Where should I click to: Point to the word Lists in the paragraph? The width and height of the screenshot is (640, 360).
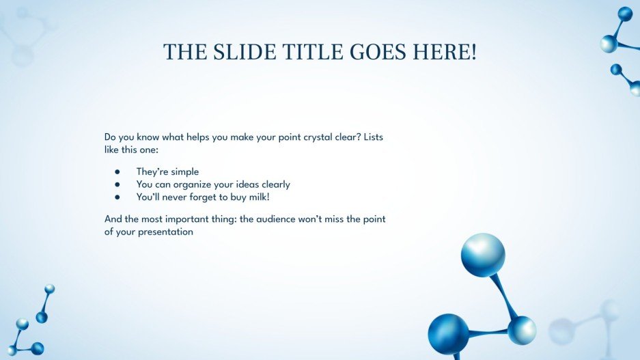tap(374, 137)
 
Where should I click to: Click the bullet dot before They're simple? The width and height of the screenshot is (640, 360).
tap(117, 172)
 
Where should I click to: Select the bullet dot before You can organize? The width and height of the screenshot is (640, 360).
tap(117, 184)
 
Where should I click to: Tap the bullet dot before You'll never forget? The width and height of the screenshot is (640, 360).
tap(117, 197)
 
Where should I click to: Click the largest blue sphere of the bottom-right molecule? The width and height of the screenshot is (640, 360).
tap(482, 254)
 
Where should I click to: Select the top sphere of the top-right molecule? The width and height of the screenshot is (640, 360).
tap(625, 14)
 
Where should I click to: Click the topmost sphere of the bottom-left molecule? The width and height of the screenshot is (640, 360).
tap(49, 289)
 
